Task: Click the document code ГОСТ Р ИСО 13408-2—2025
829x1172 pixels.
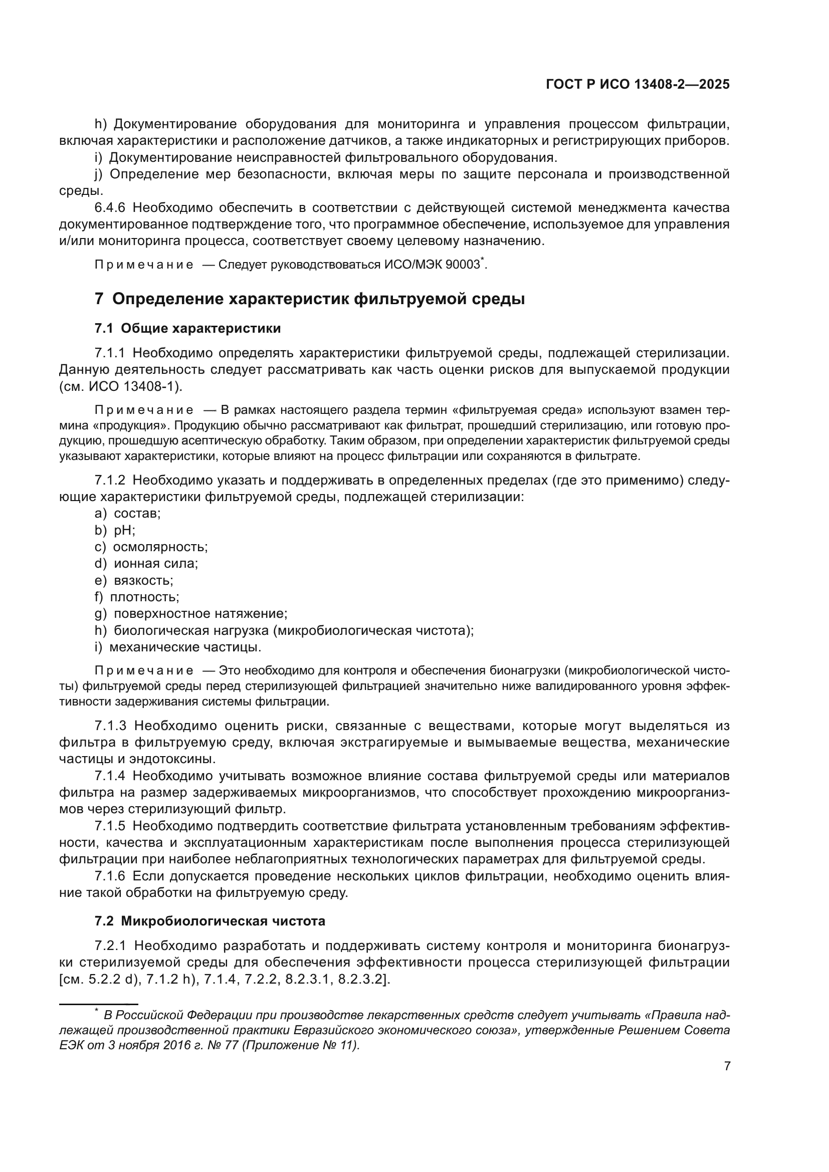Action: tap(638, 85)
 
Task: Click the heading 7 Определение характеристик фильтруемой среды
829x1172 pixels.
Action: tap(310, 299)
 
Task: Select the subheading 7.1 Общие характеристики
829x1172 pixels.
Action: tap(187, 328)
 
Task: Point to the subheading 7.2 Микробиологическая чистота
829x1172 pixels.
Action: tap(210, 921)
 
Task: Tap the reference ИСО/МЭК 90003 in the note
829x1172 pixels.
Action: tap(432, 265)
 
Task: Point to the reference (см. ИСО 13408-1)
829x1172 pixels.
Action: tap(120, 387)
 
